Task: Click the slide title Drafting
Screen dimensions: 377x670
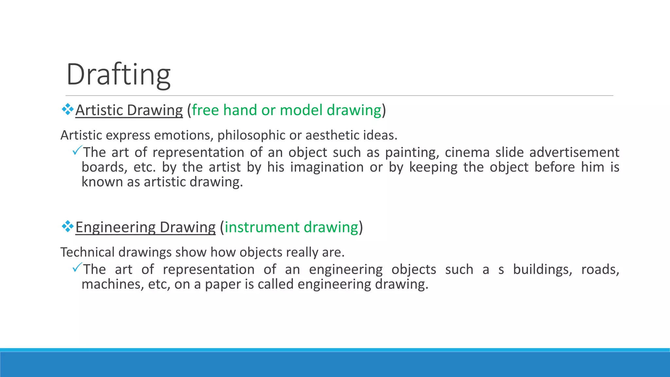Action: pos(118,75)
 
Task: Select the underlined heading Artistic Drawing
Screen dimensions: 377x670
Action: pos(129,110)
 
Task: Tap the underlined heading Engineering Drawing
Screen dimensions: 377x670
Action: pos(145,227)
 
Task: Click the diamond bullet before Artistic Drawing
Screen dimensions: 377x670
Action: pos(67,109)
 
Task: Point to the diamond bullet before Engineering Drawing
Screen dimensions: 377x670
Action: pos(67,226)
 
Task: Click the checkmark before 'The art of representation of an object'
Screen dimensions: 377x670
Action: pos(77,151)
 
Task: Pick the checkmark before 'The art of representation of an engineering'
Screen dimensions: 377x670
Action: pos(77,268)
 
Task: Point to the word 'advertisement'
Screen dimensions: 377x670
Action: pos(574,153)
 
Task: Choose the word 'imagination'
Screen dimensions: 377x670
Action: pos(327,167)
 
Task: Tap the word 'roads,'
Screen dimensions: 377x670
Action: pos(600,270)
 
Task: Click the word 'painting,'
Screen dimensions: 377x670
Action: pos(412,153)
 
